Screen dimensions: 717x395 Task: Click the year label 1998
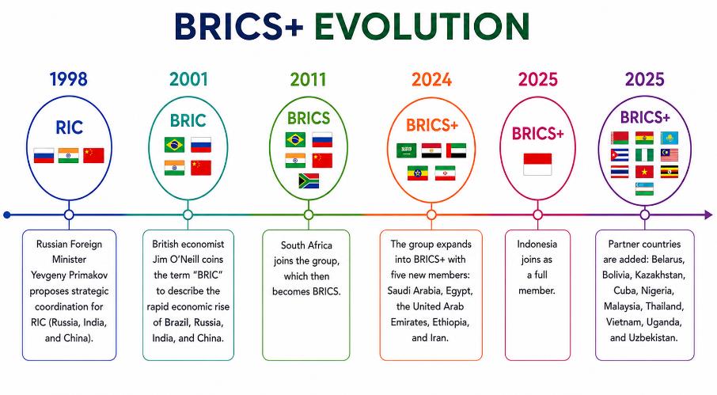tap(69, 79)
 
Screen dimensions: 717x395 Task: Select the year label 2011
tap(308, 79)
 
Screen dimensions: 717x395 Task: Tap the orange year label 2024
tap(431, 79)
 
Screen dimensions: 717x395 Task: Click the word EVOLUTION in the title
tap(422, 26)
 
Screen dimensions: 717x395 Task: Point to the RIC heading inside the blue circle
tap(69, 127)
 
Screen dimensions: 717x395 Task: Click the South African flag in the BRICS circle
tap(309, 181)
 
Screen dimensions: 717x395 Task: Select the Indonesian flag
tap(537, 164)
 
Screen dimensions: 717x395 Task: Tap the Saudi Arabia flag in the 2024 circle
tap(407, 150)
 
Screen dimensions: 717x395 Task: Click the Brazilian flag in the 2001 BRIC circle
tap(174, 145)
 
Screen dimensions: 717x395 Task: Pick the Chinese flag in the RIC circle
tap(93, 155)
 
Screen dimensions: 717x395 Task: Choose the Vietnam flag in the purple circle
tap(644, 172)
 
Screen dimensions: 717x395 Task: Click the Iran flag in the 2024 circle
tap(445, 173)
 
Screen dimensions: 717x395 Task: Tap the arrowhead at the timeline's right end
tap(708, 215)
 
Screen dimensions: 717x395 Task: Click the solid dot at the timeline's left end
tap(7, 215)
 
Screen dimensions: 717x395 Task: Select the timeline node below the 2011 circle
tap(309, 215)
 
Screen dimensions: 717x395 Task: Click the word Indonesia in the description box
tap(537, 244)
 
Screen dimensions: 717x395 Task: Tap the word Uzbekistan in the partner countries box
tap(653, 338)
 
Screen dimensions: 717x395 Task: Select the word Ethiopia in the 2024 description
tap(450, 322)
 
